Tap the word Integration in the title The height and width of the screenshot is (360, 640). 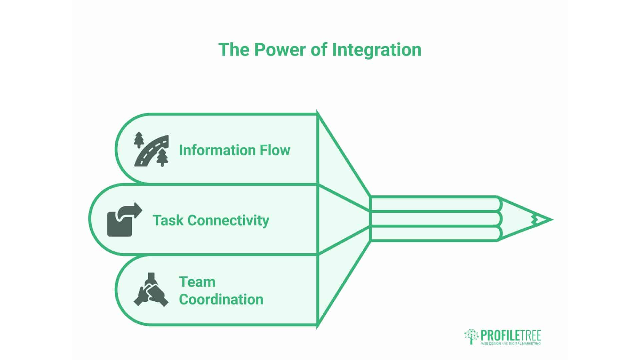pos(377,50)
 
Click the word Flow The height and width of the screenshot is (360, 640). pos(275,150)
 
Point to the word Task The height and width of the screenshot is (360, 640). pos(168,221)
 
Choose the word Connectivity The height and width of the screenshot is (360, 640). pos(228,221)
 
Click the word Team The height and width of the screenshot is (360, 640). pos(197,282)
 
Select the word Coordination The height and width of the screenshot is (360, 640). pos(221,299)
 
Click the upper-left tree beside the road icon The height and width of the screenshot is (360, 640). pos(139,140)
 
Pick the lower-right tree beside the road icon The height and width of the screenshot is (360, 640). pos(162,157)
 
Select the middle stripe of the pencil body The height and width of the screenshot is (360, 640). pos(433,219)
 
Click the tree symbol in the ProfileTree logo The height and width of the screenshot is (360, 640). pos(471,336)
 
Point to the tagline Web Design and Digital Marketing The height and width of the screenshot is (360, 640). pos(511,343)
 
